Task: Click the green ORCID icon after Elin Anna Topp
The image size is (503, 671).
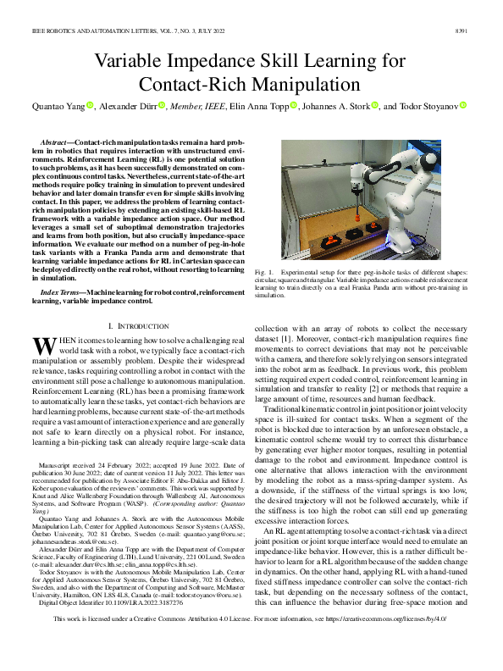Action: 295,106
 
